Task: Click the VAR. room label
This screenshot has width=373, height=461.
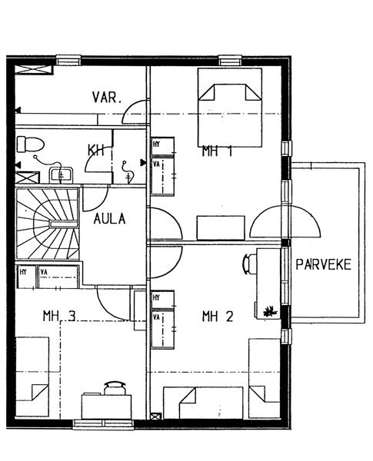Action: [107, 98]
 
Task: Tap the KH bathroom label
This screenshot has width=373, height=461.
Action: [96, 151]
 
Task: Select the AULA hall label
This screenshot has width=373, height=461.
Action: [109, 219]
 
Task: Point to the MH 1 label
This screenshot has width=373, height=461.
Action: [218, 151]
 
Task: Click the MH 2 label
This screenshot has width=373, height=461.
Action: [218, 317]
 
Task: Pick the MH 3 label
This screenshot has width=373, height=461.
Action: [59, 316]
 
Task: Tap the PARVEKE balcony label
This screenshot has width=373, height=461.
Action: [323, 264]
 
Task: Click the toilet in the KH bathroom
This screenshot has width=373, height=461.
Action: [30, 144]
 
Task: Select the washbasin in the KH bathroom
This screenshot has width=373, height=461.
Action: [61, 175]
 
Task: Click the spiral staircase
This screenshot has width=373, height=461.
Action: [48, 224]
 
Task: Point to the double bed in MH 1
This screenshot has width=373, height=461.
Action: [230, 108]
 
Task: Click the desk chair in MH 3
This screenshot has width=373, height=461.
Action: [115, 388]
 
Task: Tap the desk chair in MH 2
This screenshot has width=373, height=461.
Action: [249, 264]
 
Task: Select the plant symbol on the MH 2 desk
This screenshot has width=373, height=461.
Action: [270, 311]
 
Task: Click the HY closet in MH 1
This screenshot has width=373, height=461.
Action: [162, 146]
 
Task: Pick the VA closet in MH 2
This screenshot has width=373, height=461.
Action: [162, 329]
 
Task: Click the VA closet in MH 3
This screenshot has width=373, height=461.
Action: [58, 277]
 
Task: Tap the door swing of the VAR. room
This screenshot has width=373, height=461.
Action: [134, 111]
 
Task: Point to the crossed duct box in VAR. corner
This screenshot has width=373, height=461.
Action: [33, 70]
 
